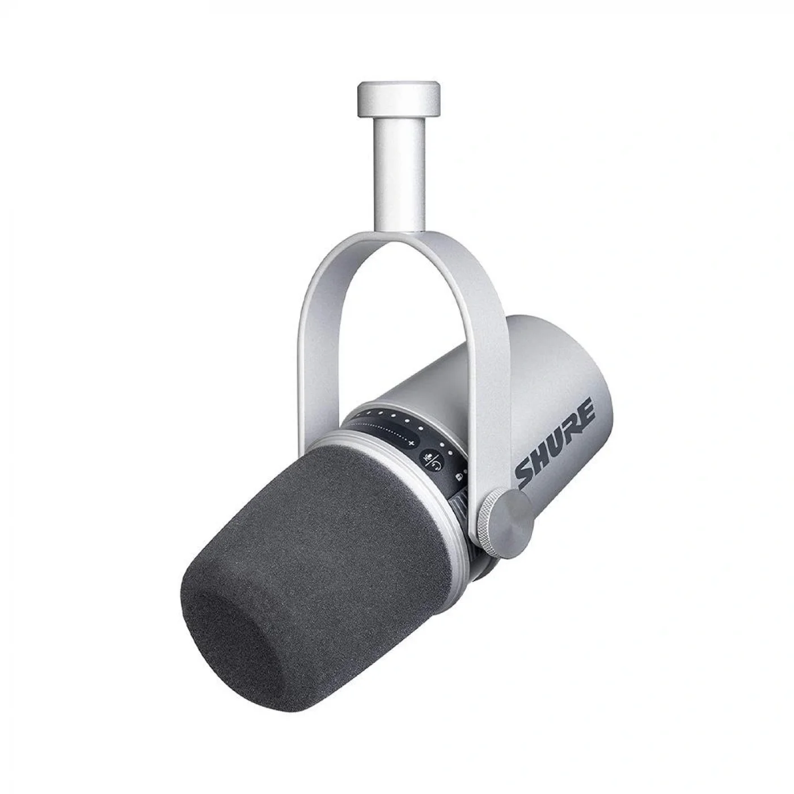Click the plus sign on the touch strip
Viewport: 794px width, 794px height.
[x=412, y=444]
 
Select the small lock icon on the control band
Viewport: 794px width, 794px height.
[x=458, y=477]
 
